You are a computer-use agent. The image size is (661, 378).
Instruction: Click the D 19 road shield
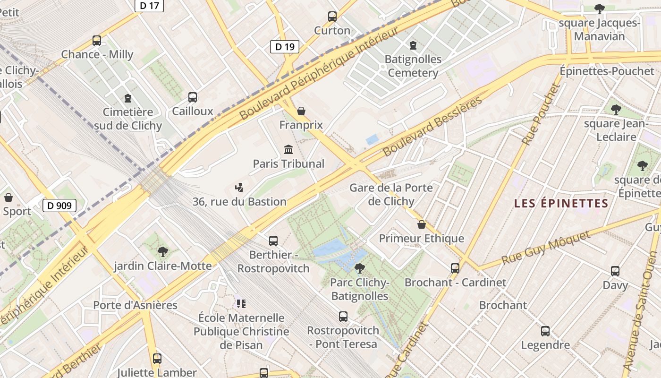[x=285, y=46]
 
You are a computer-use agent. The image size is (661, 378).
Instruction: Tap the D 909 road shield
[x=59, y=206]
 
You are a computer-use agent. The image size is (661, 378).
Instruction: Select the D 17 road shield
[x=149, y=6]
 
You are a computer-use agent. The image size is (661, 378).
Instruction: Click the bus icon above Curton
[x=332, y=17]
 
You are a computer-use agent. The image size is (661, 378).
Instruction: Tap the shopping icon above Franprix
[x=301, y=111]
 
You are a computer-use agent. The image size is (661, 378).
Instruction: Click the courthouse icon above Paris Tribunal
[x=288, y=150]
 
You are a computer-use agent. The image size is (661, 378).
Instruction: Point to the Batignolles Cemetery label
[x=413, y=66]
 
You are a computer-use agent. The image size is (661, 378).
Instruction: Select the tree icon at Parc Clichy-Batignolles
[x=360, y=268]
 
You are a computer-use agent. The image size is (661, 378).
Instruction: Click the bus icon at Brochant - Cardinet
[x=455, y=268]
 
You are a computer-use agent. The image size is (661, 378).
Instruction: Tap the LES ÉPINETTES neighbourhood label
[x=561, y=204]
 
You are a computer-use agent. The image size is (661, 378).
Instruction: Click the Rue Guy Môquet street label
[x=546, y=248]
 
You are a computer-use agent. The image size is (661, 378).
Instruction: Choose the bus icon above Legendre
[x=545, y=331]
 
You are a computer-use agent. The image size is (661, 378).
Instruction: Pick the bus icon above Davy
[x=615, y=271]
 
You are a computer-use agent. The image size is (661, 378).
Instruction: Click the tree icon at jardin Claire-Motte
[x=163, y=251]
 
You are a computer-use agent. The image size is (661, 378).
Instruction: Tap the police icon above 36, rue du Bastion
[x=239, y=188]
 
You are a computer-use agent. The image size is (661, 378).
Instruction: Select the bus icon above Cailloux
[x=193, y=97]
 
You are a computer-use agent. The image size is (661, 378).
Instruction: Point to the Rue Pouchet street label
[x=541, y=114]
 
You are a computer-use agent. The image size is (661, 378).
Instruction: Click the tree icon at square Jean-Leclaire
[x=616, y=110]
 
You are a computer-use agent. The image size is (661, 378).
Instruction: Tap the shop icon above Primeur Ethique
[x=422, y=224]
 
